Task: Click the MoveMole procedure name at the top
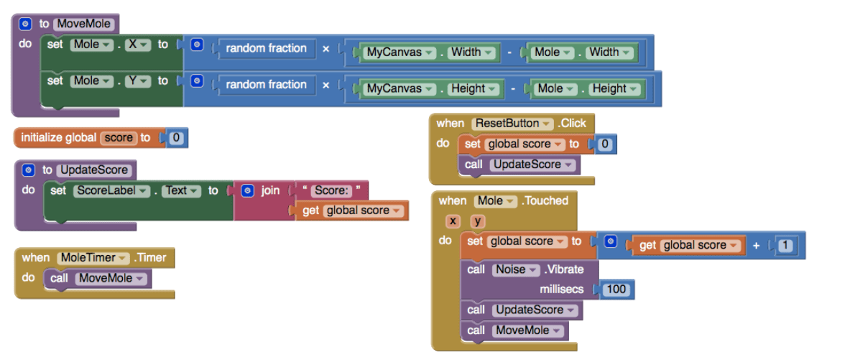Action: coord(85,24)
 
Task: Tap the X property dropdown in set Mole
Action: coord(134,45)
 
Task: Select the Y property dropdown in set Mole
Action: coord(134,80)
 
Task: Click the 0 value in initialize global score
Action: coord(176,137)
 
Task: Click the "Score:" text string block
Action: coord(331,190)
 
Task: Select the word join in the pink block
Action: coord(270,190)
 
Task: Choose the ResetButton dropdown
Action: coord(513,123)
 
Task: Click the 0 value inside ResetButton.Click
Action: coord(605,144)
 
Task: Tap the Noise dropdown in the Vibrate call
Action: coord(515,269)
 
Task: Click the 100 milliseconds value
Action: coord(616,290)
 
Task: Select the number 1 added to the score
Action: coord(785,246)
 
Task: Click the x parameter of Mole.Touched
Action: coord(453,221)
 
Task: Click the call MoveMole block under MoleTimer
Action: coord(98,278)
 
